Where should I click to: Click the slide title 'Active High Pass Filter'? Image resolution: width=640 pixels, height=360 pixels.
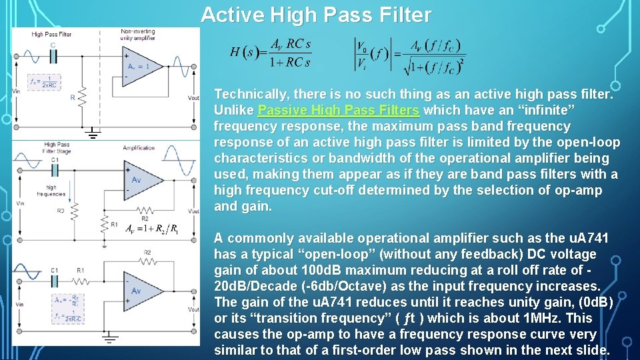pyautogui.click(x=316, y=15)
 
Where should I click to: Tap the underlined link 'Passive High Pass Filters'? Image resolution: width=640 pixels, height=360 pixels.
pyautogui.click(x=338, y=110)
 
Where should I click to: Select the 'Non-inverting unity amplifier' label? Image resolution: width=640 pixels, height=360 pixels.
pyautogui.click(x=138, y=35)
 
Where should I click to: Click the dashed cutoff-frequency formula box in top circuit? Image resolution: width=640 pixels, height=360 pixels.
pyautogui.click(x=44, y=82)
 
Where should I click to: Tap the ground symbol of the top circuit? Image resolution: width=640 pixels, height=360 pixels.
pyautogui.click(x=93, y=135)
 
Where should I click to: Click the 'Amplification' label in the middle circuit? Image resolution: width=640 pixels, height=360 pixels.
pyautogui.click(x=139, y=148)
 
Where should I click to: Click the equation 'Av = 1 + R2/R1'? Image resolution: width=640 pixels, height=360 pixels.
pyautogui.click(x=151, y=229)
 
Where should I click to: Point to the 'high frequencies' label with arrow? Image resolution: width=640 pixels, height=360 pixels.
pyautogui.click(x=55, y=191)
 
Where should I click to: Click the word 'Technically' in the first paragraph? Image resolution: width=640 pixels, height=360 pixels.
pyautogui.click(x=251, y=94)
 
